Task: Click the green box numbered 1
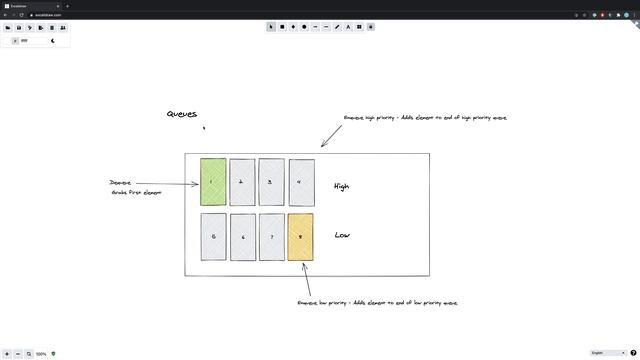(213, 181)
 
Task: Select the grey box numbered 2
(242, 182)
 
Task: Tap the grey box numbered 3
(271, 182)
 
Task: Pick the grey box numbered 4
(301, 182)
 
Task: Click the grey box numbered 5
(213, 237)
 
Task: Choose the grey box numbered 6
(243, 237)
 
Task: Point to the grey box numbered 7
(272, 237)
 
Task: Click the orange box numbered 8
(301, 237)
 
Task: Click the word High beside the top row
(342, 187)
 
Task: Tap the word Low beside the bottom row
(342, 236)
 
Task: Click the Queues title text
(182, 114)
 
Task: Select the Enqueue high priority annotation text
(425, 118)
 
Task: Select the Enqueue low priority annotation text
(377, 302)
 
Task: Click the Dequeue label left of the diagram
(120, 183)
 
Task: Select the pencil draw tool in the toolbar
(337, 27)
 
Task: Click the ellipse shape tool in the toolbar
(304, 27)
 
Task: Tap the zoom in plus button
(7, 353)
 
